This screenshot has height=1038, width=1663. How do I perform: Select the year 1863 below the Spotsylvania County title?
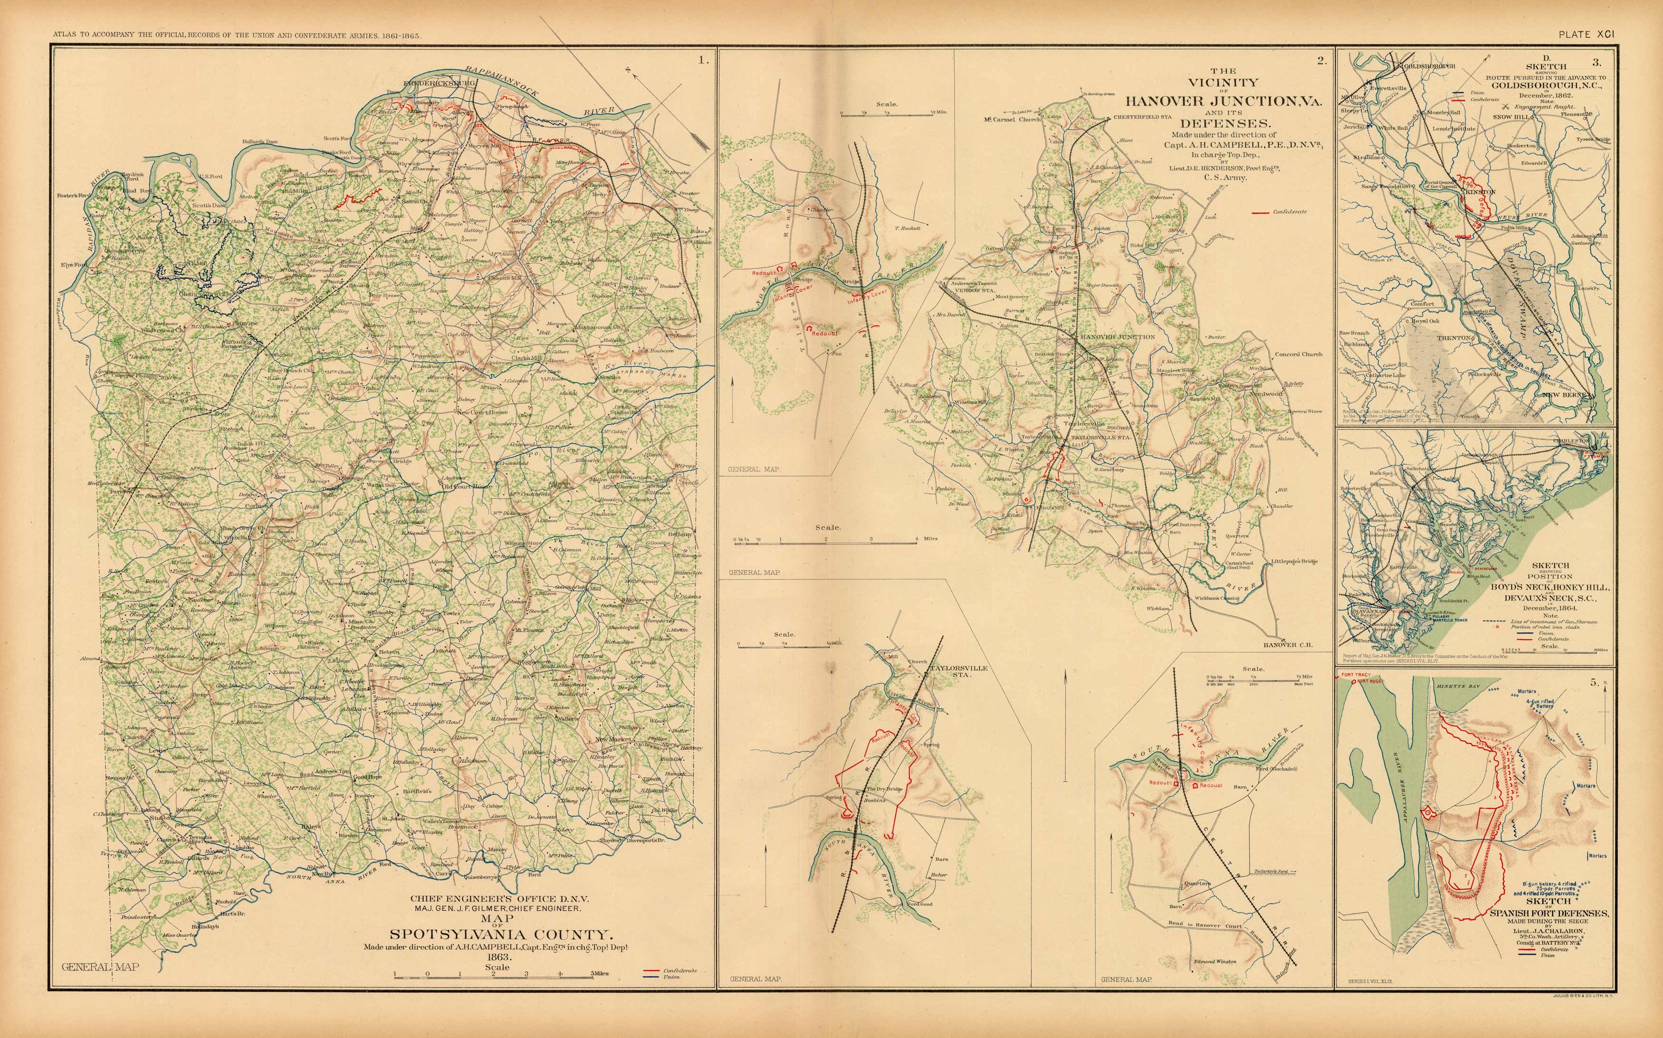click(x=497, y=956)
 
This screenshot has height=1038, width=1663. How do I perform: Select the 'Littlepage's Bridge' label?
click(x=1294, y=562)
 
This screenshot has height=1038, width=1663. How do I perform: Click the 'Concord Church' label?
click(x=1298, y=354)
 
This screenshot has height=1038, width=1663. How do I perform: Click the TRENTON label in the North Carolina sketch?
click(x=1455, y=338)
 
